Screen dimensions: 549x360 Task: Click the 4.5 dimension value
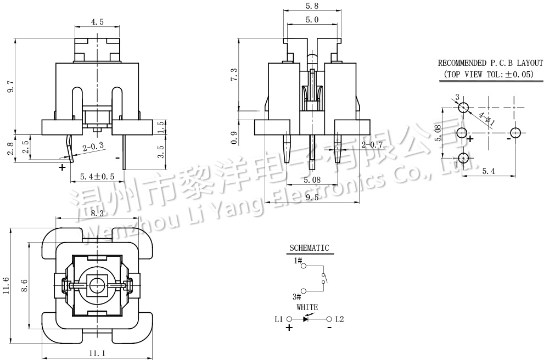[x=97, y=22]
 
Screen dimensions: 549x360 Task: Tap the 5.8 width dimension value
[x=312, y=6]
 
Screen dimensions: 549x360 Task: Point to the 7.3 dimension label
[x=234, y=75]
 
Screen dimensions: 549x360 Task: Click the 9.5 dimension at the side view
[x=312, y=198]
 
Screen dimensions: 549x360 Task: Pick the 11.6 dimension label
[x=6, y=285]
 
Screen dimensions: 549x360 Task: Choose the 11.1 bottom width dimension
[x=97, y=353]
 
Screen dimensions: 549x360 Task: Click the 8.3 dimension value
[x=97, y=213]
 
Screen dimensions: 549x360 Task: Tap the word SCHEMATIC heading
[x=309, y=248]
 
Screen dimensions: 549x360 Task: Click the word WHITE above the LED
[x=307, y=307]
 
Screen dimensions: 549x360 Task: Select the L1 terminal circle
[x=289, y=319]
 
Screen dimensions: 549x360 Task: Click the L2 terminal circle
[x=329, y=319]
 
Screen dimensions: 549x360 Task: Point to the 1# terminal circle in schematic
[x=304, y=266]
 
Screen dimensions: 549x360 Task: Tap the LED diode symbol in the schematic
[x=306, y=319]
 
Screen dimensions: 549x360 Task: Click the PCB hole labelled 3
[x=463, y=108]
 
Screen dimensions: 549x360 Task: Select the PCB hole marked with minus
[x=516, y=133]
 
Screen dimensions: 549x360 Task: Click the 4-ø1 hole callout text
[x=487, y=119]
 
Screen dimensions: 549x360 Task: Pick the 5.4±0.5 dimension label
[x=97, y=176]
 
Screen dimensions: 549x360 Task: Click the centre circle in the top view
[x=96, y=285]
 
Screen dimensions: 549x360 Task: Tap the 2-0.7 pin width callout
[x=372, y=145]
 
